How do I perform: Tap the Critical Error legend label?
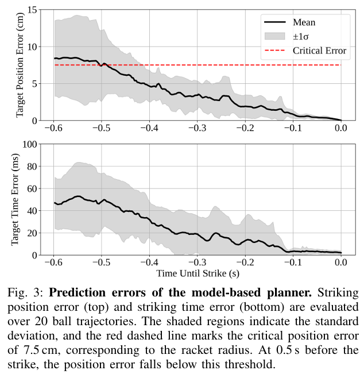319,51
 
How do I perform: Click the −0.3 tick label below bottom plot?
198,263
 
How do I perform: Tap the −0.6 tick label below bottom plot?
53,263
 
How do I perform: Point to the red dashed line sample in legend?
275,51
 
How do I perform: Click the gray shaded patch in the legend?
275,36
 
